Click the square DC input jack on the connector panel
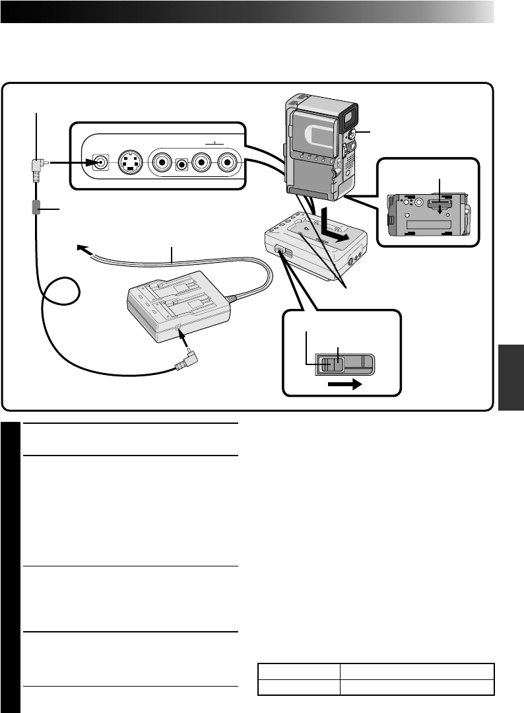100,162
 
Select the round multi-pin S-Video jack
129,162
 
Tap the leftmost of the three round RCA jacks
162,162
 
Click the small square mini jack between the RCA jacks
180,162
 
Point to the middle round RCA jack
198,162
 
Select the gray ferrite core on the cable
36,208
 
